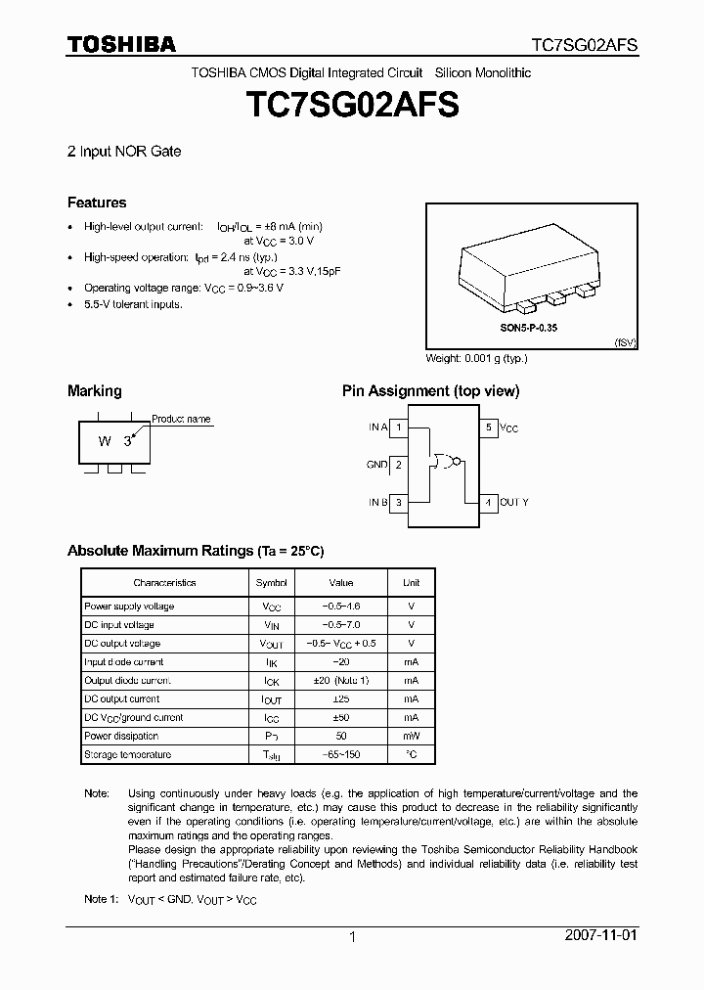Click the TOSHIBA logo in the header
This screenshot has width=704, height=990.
pos(121,44)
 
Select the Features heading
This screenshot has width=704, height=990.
pos(97,202)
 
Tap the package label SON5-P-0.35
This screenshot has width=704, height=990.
pos(530,330)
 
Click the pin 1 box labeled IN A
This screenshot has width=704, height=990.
pos(399,427)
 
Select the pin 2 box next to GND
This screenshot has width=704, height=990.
pos(399,465)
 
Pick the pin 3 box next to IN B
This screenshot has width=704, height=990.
pos(399,502)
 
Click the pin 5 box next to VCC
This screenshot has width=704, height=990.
pos(487,427)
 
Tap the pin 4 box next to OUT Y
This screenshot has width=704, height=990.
pos(487,502)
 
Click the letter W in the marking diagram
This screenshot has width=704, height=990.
pos(104,441)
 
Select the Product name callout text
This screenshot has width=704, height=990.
pos(181,419)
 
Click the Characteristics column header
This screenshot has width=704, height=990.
pos(164,583)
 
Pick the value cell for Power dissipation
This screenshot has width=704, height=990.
pos(340,736)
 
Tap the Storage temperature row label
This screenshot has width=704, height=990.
pos(127,754)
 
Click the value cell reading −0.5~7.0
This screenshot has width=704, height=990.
pos(340,624)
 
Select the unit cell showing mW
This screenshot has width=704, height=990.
pos(411,736)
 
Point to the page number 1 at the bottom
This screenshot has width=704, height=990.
pos(352,937)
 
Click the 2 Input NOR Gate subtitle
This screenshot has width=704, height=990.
pos(124,152)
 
